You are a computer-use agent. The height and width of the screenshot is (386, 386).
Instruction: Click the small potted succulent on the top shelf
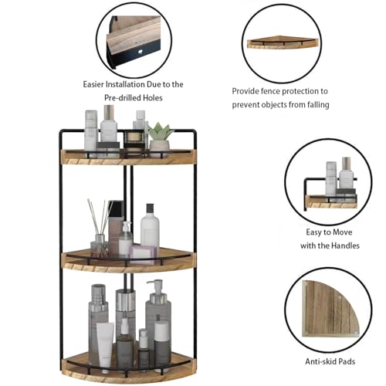coord(160,135)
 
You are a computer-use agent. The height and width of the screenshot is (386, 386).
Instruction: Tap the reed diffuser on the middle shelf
coord(99,232)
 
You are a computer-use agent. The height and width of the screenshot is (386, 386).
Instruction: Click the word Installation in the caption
coord(134,84)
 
